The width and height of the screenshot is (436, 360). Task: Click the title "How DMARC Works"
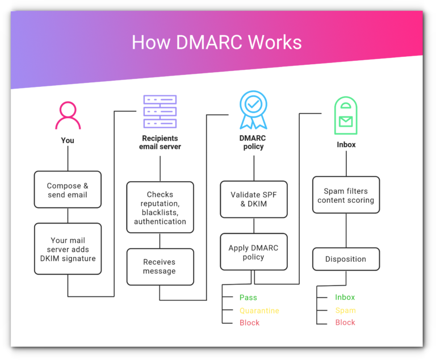tap(217, 42)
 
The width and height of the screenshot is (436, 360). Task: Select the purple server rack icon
tap(160, 111)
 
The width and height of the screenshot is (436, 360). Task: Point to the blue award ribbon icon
tap(253, 110)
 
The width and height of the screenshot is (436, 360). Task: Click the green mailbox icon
tap(346, 115)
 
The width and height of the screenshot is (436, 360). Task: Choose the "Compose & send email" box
tap(68, 190)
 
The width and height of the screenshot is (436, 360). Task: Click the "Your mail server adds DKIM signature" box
tap(68, 249)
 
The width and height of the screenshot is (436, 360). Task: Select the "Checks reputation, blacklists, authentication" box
tap(160, 208)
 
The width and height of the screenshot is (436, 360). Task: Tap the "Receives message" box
tap(160, 267)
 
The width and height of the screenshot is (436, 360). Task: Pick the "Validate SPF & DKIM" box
tap(254, 199)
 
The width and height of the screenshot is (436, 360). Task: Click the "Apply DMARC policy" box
tap(254, 252)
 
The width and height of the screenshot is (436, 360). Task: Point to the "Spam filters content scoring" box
tap(346, 195)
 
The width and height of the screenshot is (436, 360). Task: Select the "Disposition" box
tap(346, 259)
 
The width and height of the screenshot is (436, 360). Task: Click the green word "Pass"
tap(248, 298)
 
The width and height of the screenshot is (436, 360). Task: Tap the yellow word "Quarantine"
tap(259, 311)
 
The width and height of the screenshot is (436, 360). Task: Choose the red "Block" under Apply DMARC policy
tap(249, 323)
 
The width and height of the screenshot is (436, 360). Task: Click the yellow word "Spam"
tap(345, 310)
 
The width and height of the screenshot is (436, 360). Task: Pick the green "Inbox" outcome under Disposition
tap(345, 297)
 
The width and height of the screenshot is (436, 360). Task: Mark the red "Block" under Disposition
tap(345, 323)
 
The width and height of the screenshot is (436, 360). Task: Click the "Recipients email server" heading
tap(160, 143)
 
